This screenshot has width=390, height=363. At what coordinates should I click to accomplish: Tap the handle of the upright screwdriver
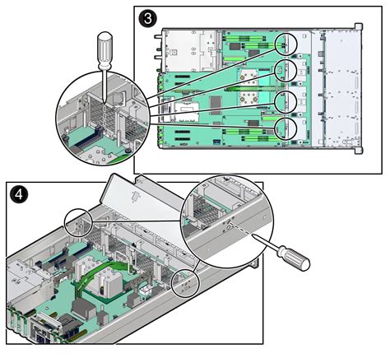pyautogui.click(x=105, y=48)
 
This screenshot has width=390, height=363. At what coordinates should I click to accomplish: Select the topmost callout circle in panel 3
pyautogui.click(x=287, y=43)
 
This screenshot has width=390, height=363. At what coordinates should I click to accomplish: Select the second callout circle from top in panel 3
pyautogui.click(x=287, y=72)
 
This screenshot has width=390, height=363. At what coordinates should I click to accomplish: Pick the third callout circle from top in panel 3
pyautogui.click(x=287, y=100)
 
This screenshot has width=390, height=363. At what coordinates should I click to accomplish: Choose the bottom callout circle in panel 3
pyautogui.click(x=287, y=128)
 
